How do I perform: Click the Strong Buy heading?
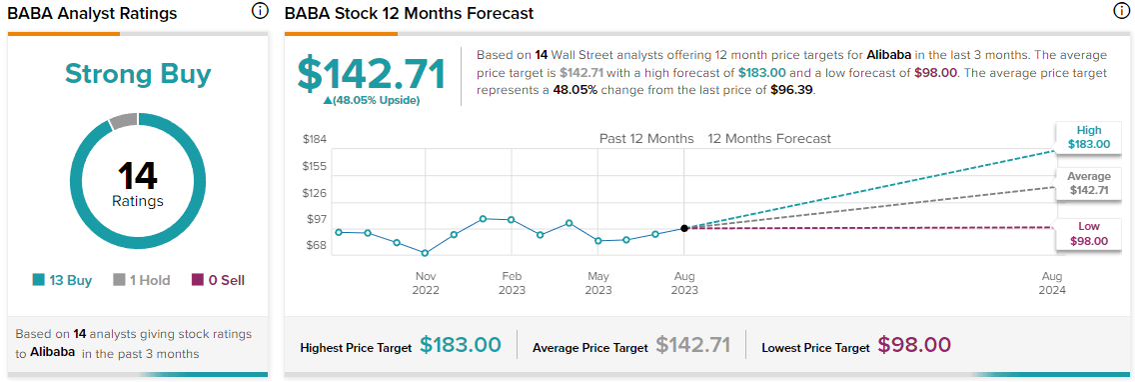point(138,74)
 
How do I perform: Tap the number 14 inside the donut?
point(138,176)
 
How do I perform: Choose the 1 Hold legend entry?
point(142,280)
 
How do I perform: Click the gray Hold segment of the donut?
point(122,121)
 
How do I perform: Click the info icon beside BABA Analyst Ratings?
point(260,12)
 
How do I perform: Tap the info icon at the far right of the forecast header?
point(1121,12)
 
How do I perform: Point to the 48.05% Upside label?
point(372,100)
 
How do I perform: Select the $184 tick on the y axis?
point(315,139)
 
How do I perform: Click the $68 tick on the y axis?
point(315,245)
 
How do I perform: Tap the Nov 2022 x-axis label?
point(426,282)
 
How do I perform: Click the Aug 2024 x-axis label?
point(1052,282)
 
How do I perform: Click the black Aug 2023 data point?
point(684,228)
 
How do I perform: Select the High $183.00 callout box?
point(1088,138)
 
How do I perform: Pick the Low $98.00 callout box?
point(1088,234)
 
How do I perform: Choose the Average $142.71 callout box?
point(1088,184)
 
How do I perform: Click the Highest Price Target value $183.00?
point(460,345)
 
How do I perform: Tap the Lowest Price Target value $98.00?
point(914,345)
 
